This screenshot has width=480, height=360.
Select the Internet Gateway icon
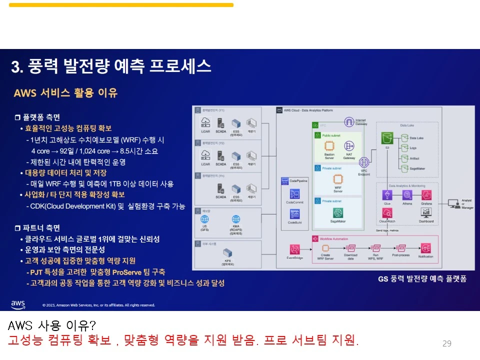click(349, 122)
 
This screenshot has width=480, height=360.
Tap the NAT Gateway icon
click(349, 146)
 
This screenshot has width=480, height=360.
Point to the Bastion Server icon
click(329, 146)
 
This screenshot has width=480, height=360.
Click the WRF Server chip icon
click(338, 180)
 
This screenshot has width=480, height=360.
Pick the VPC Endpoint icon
click(364, 162)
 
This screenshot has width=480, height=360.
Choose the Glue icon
click(387, 195)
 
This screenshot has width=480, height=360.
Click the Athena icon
click(407, 195)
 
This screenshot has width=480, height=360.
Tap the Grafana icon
click(426, 195)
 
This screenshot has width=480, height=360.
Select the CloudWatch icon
click(387, 213)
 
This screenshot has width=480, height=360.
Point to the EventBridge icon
click(295, 248)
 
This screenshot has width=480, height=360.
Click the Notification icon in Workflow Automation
click(426, 248)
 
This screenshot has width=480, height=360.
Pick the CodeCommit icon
click(294, 193)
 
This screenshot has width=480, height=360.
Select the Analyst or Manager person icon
click(454, 203)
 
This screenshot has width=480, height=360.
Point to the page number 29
click(447, 343)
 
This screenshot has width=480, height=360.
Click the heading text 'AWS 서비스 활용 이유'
click(65, 93)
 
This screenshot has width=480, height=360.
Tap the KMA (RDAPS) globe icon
click(235, 219)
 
